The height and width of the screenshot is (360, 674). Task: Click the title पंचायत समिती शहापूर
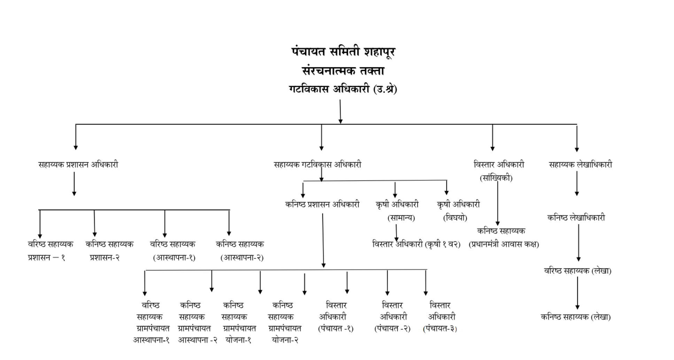coord(343,52)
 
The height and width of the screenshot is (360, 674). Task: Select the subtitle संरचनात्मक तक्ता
coord(343,71)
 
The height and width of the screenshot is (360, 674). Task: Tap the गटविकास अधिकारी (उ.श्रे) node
coord(343,90)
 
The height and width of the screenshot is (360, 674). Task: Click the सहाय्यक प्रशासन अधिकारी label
coord(78,164)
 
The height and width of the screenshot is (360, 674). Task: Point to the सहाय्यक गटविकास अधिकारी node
coord(317,164)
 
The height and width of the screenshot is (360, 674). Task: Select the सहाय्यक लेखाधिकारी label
coord(580,164)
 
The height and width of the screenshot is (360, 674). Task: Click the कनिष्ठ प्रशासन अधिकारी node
coord(322,205)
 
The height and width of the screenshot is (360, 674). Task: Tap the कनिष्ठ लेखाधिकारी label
coord(576,218)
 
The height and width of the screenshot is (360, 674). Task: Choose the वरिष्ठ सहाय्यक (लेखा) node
coord(578,271)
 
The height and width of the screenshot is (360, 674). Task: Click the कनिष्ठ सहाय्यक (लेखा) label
coord(575,317)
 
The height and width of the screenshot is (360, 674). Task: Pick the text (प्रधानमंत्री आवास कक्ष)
coord(504,244)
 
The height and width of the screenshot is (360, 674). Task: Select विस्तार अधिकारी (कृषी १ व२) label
coord(416,244)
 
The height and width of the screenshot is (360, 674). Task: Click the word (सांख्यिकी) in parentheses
coord(496,178)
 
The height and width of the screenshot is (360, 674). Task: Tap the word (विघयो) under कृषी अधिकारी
coord(455,218)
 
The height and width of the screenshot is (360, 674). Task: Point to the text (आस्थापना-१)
coord(174,258)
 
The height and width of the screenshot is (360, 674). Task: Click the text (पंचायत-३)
coord(440,329)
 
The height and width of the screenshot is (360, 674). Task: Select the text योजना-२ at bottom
coord(285,340)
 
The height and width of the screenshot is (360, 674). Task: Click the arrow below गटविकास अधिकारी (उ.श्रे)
coord(340,112)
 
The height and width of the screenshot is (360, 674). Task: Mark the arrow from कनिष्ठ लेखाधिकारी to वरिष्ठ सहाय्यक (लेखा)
coord(579,243)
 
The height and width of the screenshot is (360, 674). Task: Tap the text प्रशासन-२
coord(105,258)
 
